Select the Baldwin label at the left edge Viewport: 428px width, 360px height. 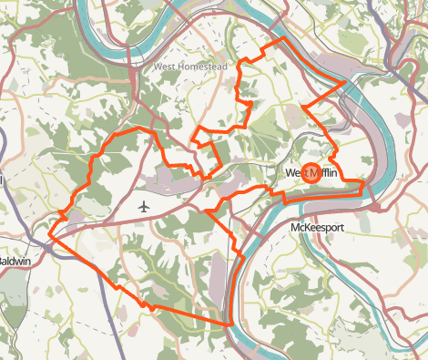click(x=12, y=262)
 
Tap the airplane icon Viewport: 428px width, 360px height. click(x=143, y=208)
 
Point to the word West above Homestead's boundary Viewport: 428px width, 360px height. click(x=165, y=67)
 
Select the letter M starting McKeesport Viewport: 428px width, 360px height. click(x=294, y=227)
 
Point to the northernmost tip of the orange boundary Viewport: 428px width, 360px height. click(x=281, y=38)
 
